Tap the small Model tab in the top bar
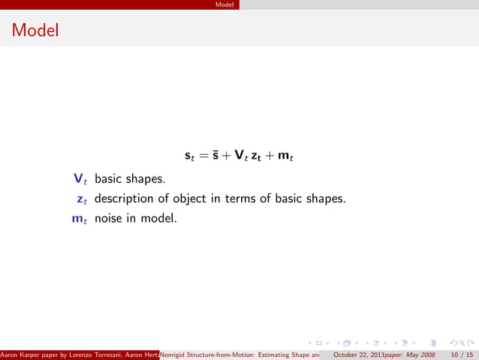[224, 5]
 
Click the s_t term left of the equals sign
[190, 157]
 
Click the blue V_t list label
[80, 180]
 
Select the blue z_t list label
[81, 200]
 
